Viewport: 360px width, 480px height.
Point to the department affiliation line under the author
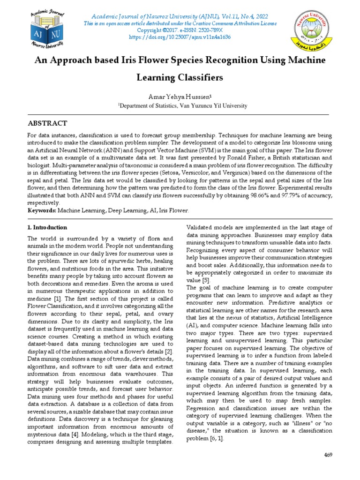182,106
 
